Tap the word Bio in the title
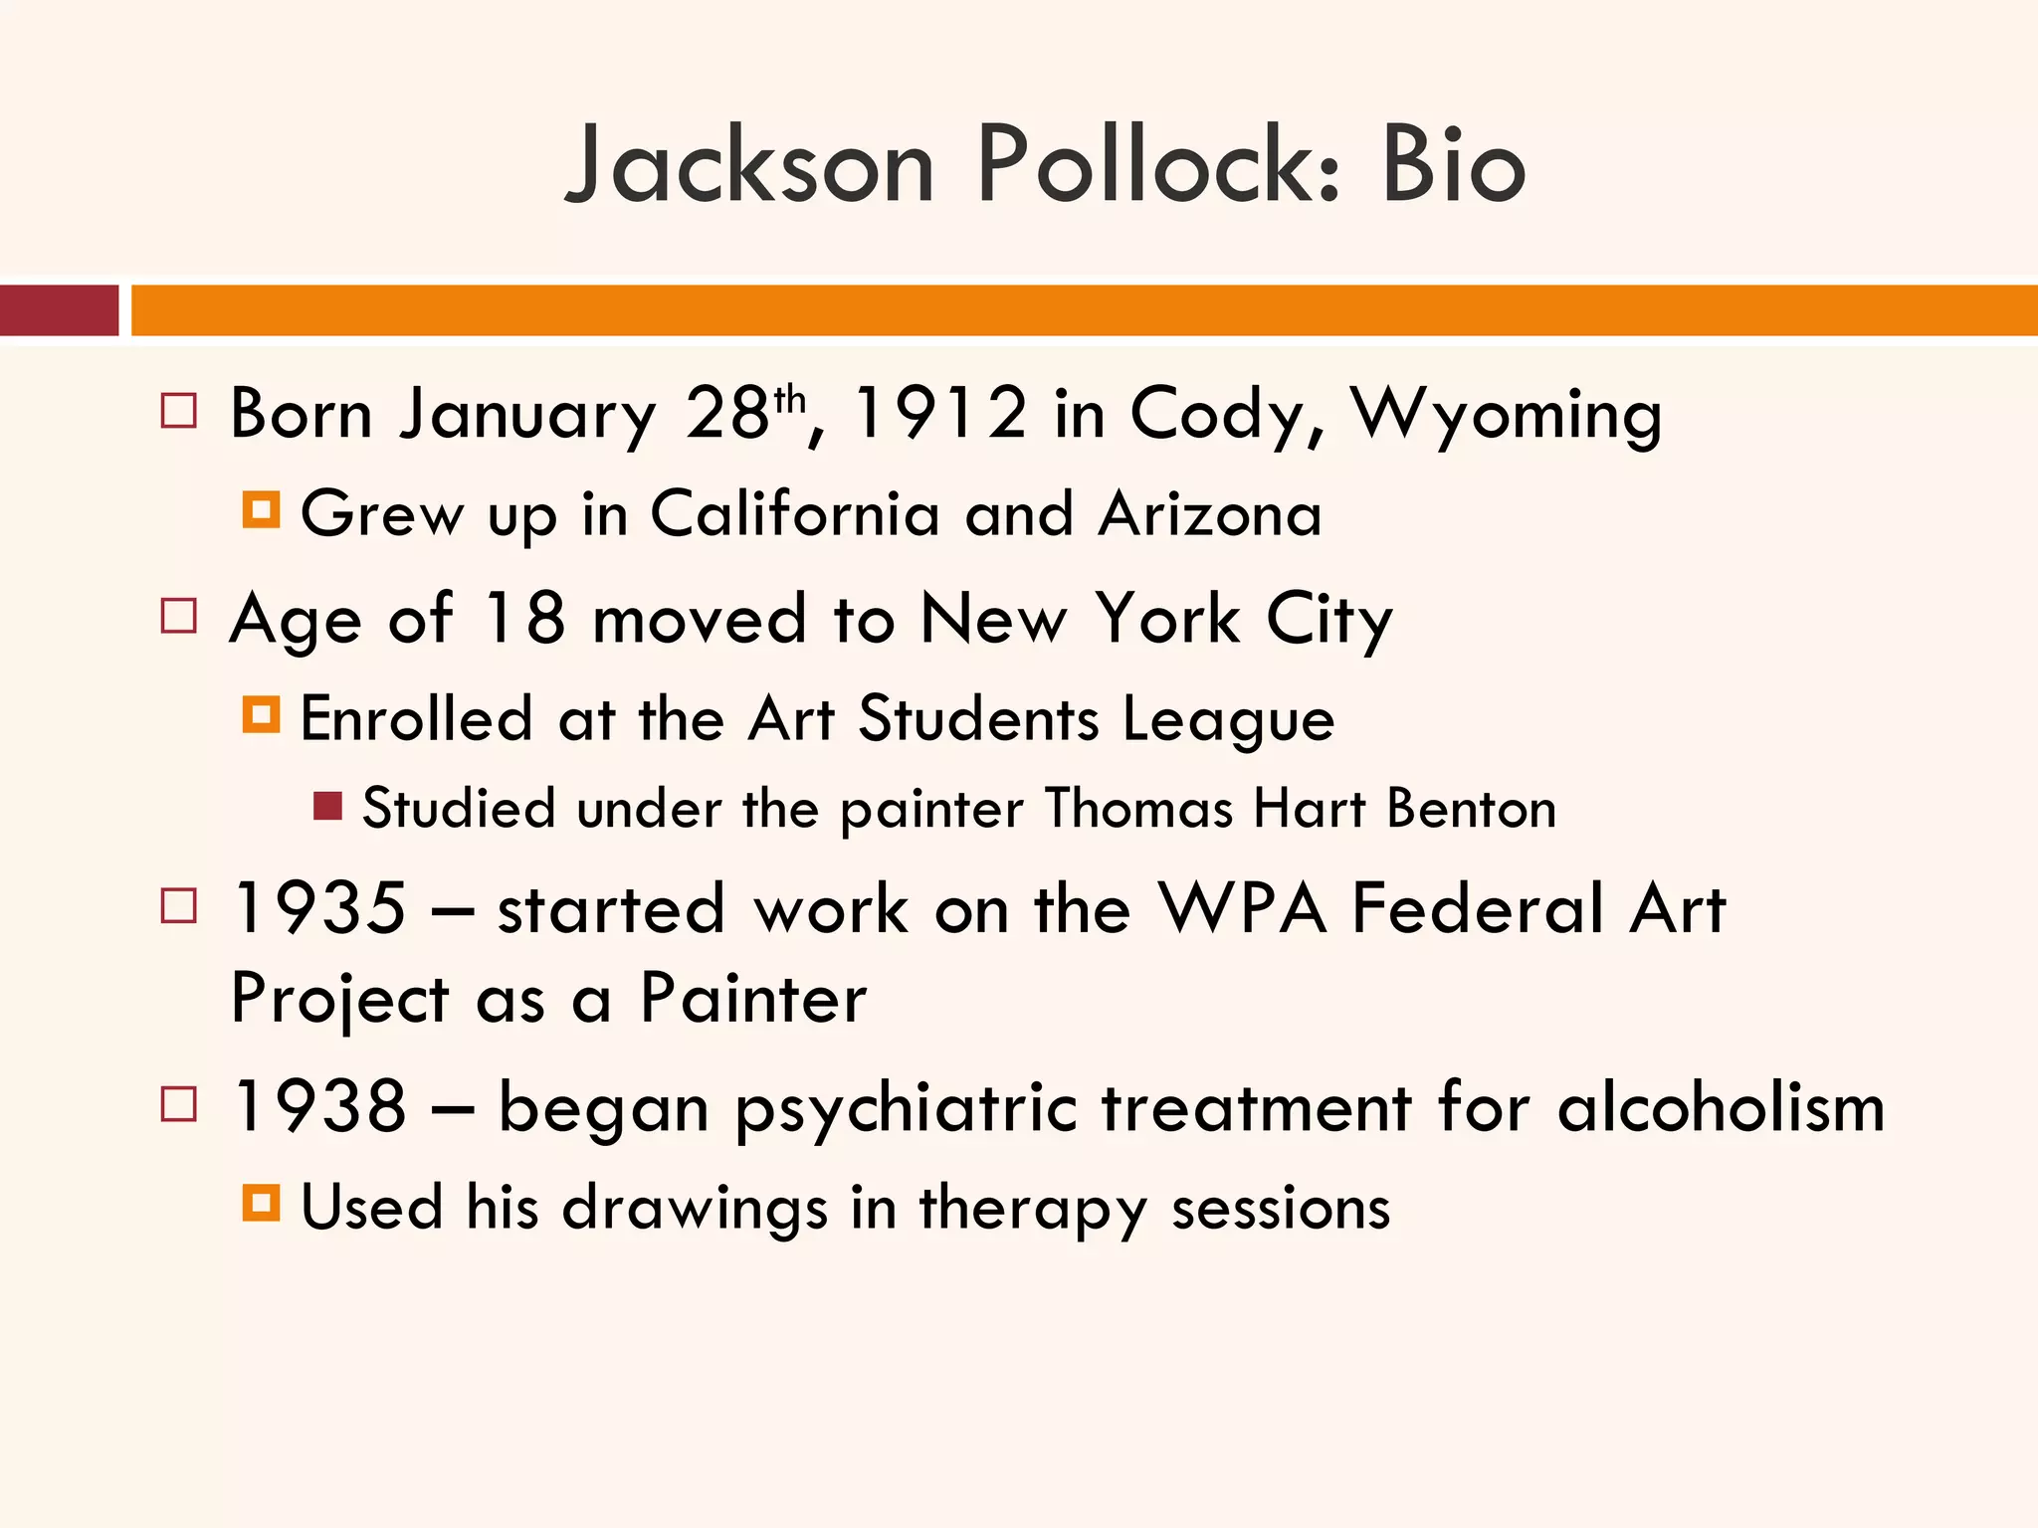pyautogui.click(x=1453, y=165)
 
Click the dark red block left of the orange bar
pyautogui.click(x=59, y=310)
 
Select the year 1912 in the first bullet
pyautogui.click(x=940, y=413)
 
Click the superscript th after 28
pyautogui.click(x=789, y=400)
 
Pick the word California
pyautogui.click(x=794, y=514)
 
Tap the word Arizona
pyautogui.click(x=1210, y=514)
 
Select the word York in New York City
pyautogui.click(x=1168, y=619)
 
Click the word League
pyautogui.click(x=1228, y=720)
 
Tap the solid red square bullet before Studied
pyautogui.click(x=327, y=805)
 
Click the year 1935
pyautogui.click(x=319, y=908)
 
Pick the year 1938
pyautogui.click(x=319, y=1106)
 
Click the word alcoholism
pyautogui.click(x=1721, y=1106)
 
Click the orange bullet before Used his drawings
pyautogui.click(x=261, y=1204)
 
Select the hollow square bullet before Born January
pyautogui.click(x=178, y=411)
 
